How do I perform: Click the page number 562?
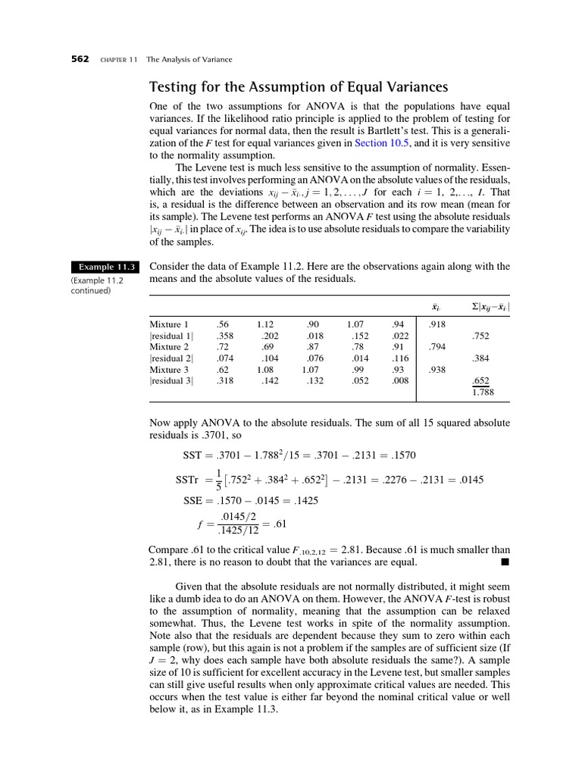80,59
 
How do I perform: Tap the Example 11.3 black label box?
102,267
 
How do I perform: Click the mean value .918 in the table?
436,324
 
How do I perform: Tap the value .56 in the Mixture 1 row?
221,324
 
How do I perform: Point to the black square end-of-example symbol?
505,563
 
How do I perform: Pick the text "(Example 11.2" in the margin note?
98,280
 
